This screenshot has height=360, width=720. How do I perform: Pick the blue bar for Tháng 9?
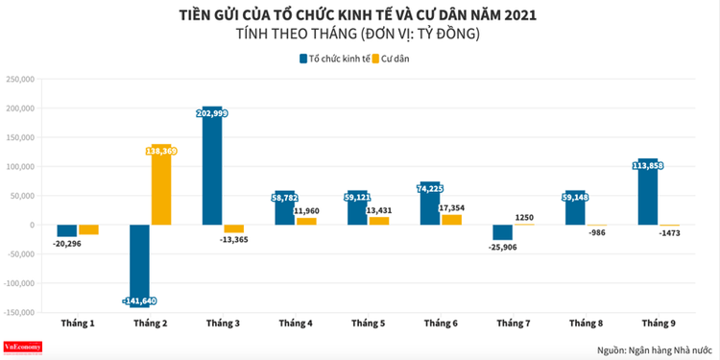click(x=648, y=192)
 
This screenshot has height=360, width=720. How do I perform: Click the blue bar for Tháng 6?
click(x=430, y=204)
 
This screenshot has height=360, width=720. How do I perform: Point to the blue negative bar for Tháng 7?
click(x=503, y=232)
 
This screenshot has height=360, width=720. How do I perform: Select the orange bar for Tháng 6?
click(x=451, y=220)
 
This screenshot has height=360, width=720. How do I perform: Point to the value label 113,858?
click(x=648, y=165)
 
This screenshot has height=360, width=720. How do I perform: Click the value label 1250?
click(x=525, y=218)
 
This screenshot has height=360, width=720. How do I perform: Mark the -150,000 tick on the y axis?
click(x=19, y=313)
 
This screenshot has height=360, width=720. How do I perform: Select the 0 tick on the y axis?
click(x=32, y=226)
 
